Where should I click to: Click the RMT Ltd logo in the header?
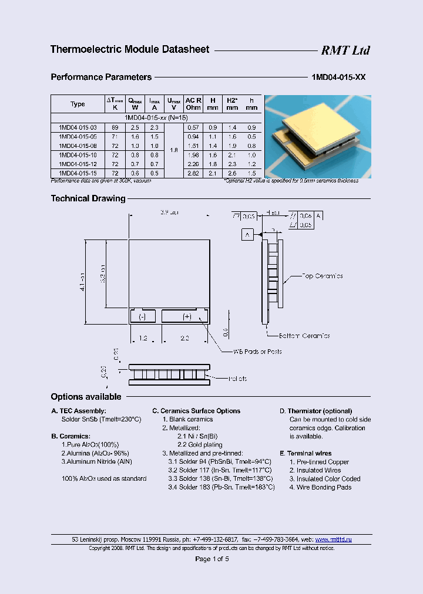(345, 50)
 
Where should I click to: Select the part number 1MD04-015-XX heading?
(337, 77)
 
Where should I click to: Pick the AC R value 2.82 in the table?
(193, 173)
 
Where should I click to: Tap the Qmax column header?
(135, 104)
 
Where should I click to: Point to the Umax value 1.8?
(174, 150)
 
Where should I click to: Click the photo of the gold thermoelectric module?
(318, 137)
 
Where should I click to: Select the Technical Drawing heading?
(88, 198)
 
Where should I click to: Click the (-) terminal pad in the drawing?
(142, 316)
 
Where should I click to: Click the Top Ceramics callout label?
(322, 276)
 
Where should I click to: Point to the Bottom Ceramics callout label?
(304, 336)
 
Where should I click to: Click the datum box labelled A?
(247, 235)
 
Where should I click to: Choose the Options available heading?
(86, 397)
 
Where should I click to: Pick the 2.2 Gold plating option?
(199, 445)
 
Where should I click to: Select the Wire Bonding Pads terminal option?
(324, 487)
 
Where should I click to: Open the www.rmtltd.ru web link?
(333, 539)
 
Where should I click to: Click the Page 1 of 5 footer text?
(211, 559)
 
